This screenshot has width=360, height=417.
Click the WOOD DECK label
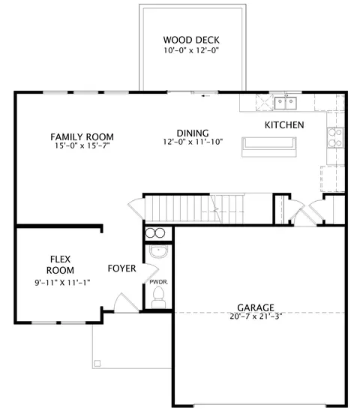coord(191,40)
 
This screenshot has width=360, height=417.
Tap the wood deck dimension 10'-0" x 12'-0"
coord(191,50)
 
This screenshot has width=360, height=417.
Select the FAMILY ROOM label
coord(82,137)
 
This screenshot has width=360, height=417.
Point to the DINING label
coord(193,133)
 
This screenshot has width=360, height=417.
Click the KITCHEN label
coord(284,125)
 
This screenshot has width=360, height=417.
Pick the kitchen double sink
coord(286,103)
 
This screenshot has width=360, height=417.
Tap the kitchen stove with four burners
coord(335,137)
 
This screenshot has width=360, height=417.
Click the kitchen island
coord(269,147)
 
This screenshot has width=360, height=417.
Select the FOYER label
coord(121,268)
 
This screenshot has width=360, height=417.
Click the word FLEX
coord(60,259)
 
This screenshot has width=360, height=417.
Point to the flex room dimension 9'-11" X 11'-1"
coord(62,283)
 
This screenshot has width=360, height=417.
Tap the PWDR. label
coord(159,282)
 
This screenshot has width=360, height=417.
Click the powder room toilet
coord(159,298)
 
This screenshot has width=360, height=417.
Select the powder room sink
coord(158,251)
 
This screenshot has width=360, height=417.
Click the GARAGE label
coord(256,307)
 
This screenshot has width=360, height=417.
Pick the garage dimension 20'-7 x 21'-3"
coord(256,316)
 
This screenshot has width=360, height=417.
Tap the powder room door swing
coord(151,272)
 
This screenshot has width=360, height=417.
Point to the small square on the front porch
coord(97,363)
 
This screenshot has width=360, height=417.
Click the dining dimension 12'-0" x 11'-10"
coord(193,142)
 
